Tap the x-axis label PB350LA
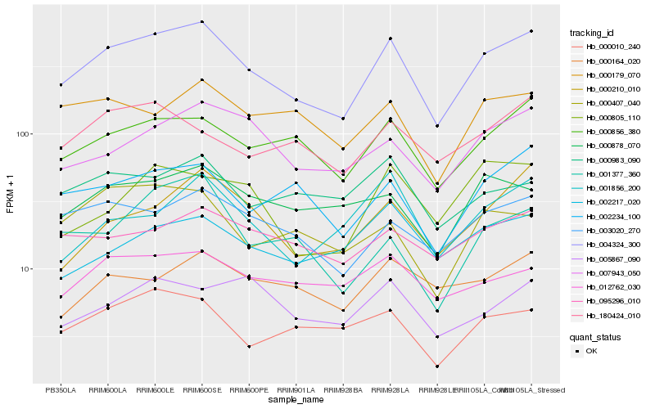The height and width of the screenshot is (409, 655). click(61, 390)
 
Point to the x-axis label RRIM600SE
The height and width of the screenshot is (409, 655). click(202, 390)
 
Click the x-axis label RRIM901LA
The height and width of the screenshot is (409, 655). click(296, 390)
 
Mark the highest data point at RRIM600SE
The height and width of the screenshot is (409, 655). click(202, 22)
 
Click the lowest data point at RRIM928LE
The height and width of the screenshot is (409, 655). click(437, 366)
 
